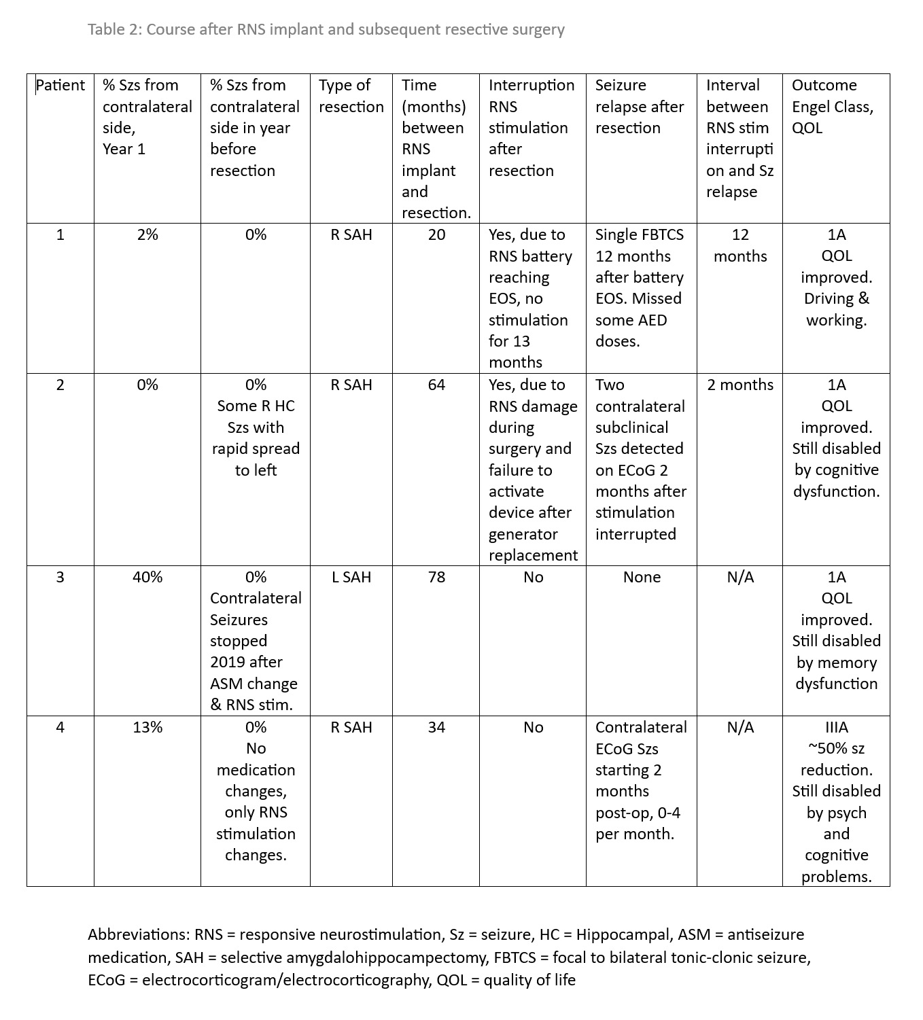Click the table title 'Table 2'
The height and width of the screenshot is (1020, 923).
pos(114,30)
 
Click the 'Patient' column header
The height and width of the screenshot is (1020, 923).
pos(60,86)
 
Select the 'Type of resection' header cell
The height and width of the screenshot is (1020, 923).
pos(351,96)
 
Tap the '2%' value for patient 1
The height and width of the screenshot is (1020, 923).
pos(147,235)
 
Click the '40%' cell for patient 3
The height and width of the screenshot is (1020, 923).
pos(147,578)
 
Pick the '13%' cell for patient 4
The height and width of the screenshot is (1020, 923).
pos(147,728)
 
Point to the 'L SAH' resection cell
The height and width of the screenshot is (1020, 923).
pos(351,578)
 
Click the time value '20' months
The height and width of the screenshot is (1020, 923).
pos(436,235)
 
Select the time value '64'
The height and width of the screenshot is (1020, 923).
pos(436,385)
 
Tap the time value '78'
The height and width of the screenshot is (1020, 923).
pos(436,578)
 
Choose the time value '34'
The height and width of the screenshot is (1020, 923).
pos(436,728)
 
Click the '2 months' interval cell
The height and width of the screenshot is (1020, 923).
pos(740,385)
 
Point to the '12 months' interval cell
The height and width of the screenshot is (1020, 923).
pos(740,245)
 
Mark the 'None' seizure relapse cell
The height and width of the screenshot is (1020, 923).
pos(642,578)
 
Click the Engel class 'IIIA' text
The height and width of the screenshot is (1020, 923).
pos(836,728)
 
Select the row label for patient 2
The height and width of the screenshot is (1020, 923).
pos(60,385)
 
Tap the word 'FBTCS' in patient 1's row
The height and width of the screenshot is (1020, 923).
pos(661,235)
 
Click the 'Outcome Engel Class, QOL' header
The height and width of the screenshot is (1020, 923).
pos(832,107)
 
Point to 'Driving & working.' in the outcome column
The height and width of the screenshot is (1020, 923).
pos(836,309)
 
